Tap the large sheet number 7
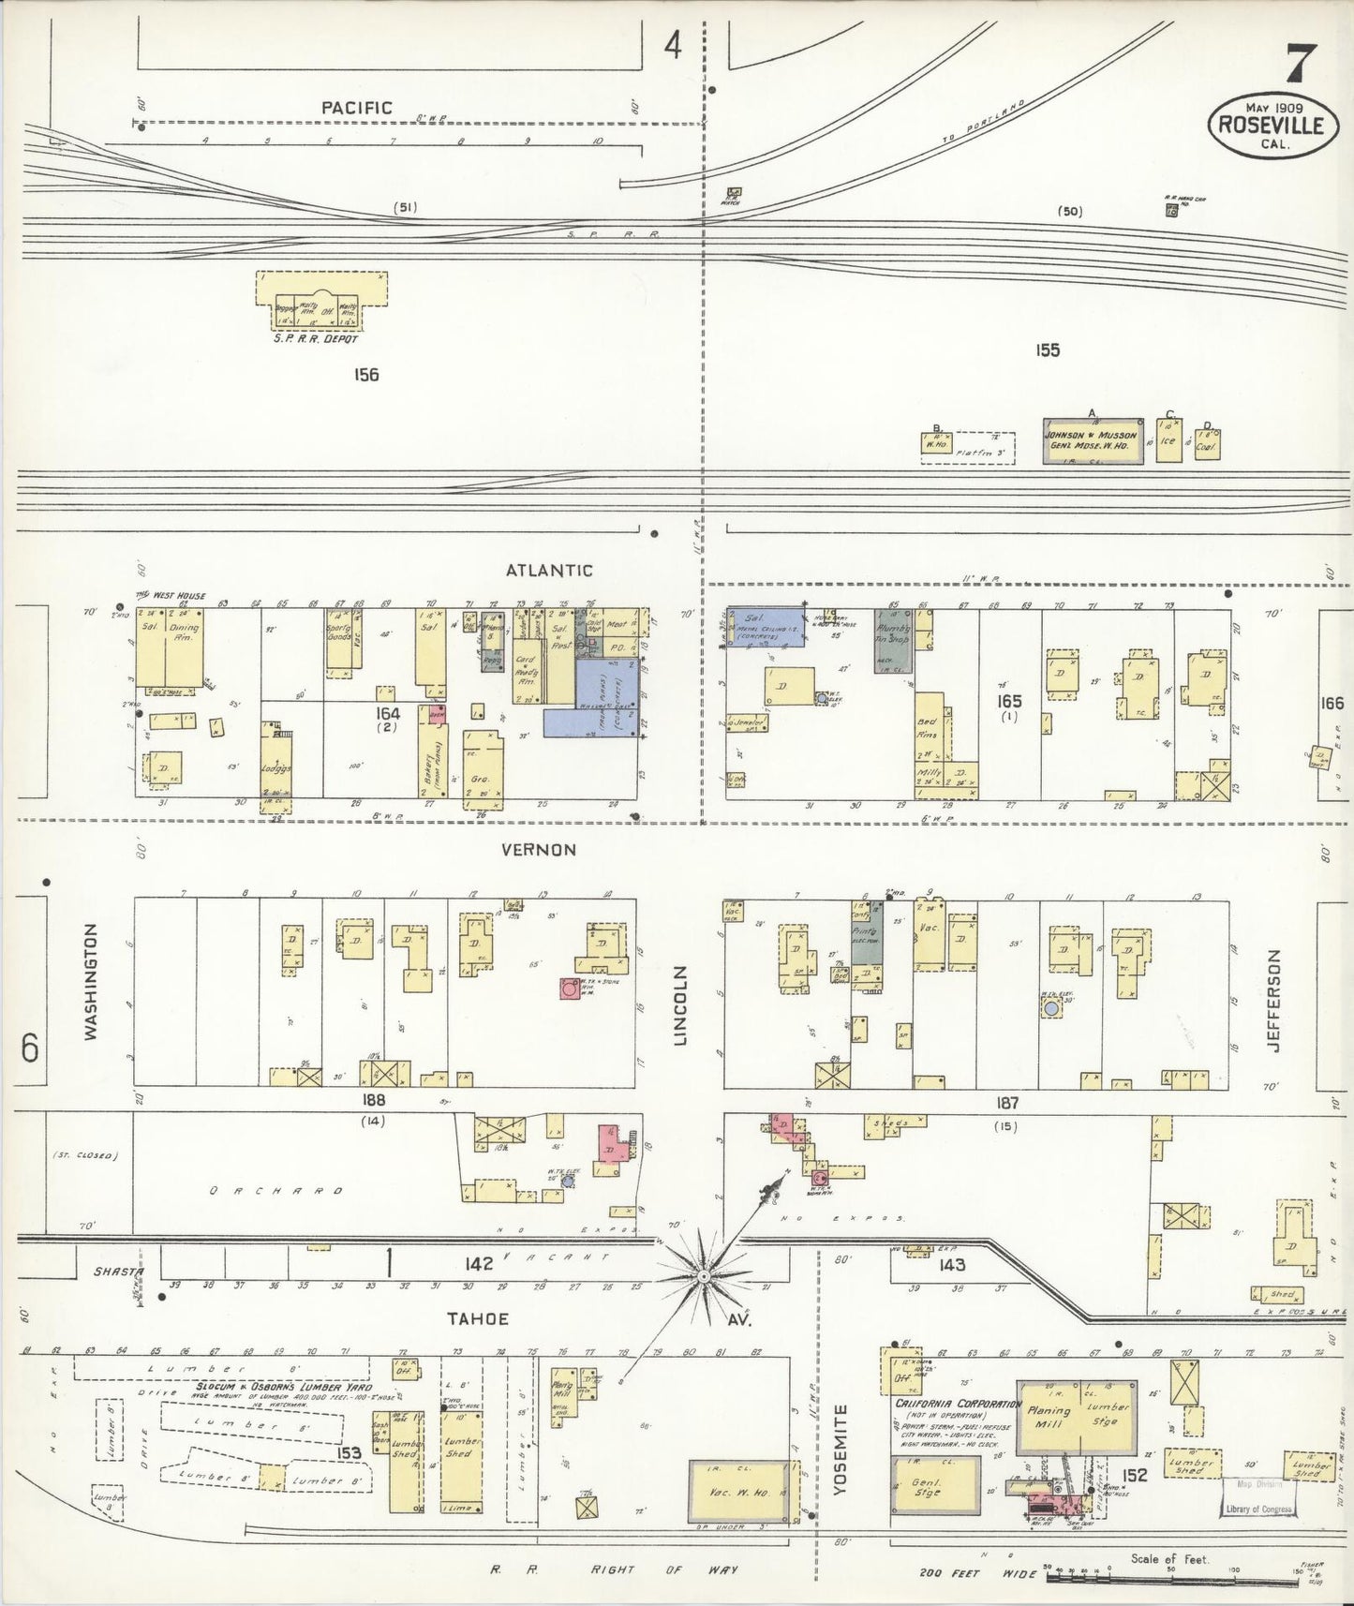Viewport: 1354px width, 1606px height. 1300,66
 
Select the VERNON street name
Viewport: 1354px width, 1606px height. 538,850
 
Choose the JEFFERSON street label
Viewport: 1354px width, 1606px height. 1273,1000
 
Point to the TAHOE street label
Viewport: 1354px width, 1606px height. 477,1318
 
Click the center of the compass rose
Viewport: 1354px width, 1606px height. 703,1276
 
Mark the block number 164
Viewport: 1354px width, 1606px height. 387,713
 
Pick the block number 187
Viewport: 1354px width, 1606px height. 1007,1103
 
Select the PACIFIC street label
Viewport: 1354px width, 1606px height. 356,108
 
